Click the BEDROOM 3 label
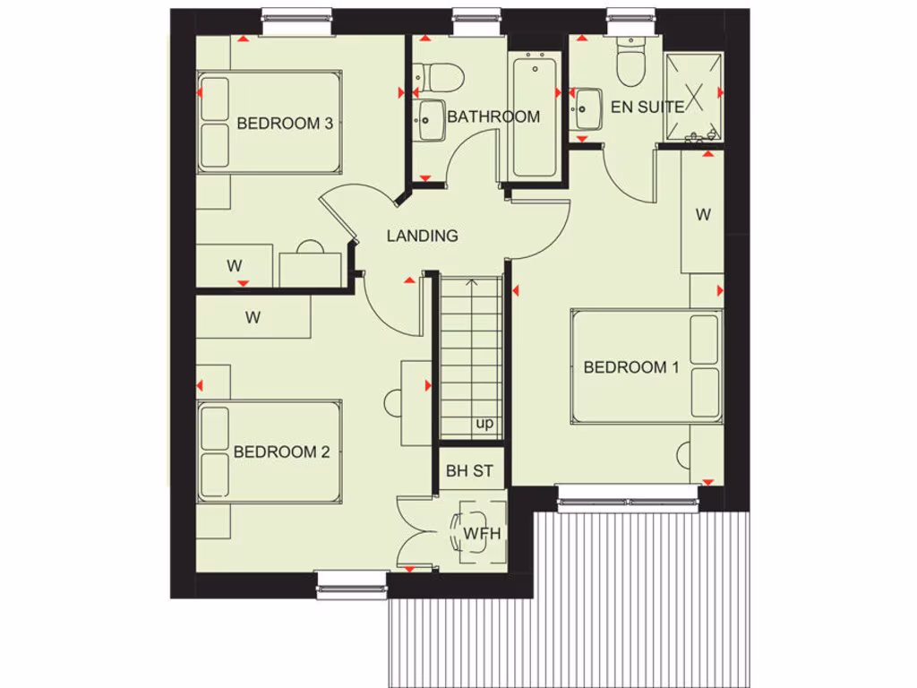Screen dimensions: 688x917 (285, 124)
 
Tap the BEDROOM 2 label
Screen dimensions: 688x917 (281, 452)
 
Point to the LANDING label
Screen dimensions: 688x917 (422, 236)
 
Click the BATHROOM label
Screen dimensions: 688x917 (493, 117)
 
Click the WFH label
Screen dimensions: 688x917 (481, 535)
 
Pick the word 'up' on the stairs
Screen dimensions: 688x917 (484, 424)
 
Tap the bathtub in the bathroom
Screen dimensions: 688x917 (535, 116)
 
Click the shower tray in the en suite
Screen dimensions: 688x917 (693, 97)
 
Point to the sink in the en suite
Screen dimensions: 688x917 (589, 109)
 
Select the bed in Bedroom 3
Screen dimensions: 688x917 (270, 123)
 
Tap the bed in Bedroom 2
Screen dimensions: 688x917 (270, 451)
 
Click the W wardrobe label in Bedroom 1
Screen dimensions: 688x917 (703, 215)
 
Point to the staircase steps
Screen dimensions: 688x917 (471, 349)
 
